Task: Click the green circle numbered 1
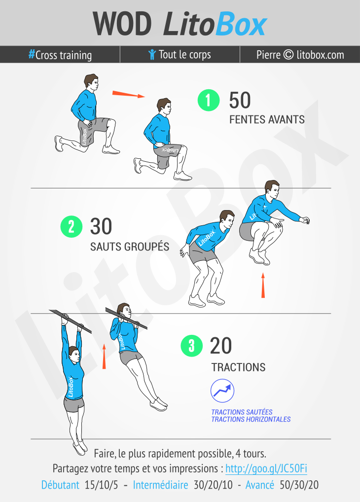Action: point(209,100)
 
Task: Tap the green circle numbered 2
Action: point(72,227)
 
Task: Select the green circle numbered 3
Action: point(191,346)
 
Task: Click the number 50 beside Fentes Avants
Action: point(240,101)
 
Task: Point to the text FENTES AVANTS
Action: point(267,120)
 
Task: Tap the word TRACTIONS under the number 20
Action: point(238,367)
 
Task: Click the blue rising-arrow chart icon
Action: point(222,391)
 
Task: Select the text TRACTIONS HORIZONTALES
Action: point(251,419)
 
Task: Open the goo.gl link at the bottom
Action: point(266,468)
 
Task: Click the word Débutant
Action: point(60,485)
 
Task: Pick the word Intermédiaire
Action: point(160,485)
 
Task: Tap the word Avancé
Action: point(260,485)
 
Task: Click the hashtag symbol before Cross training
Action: point(32,54)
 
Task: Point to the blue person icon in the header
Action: point(152,54)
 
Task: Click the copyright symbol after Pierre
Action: point(288,54)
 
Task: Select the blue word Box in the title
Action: point(241,24)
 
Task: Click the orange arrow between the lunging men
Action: point(128,94)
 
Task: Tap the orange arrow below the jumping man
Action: point(263,285)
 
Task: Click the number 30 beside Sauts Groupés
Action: point(101,227)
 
